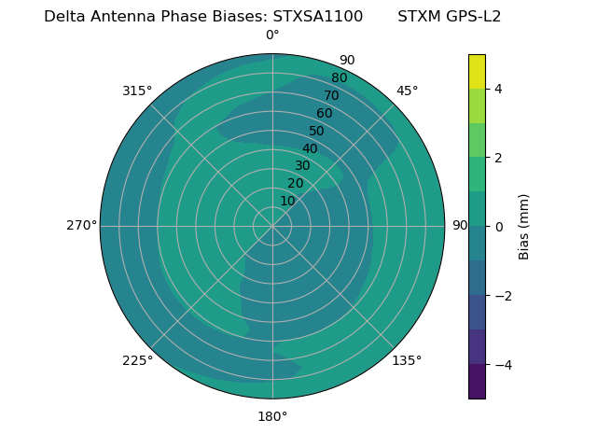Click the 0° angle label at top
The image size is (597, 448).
tap(272, 35)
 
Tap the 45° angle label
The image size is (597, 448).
tap(407, 91)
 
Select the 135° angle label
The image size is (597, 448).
tap(407, 360)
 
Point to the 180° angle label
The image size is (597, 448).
tap(272, 416)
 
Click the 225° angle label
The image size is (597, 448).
tap(137, 360)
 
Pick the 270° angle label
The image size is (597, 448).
tap(81, 226)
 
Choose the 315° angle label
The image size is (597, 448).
tap(137, 91)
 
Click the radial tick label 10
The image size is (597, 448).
tap(287, 201)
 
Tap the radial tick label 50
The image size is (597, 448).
tap(317, 131)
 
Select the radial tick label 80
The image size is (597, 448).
tap(340, 78)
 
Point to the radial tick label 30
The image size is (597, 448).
tap(302, 166)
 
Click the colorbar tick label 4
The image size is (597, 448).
tap(499, 89)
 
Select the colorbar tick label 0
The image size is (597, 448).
tap(499, 227)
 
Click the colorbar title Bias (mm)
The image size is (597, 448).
tap(524, 227)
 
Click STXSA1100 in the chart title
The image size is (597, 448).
tap(318, 16)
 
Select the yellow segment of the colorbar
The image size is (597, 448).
tap(477, 72)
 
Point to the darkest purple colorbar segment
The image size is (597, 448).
tap(477, 382)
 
